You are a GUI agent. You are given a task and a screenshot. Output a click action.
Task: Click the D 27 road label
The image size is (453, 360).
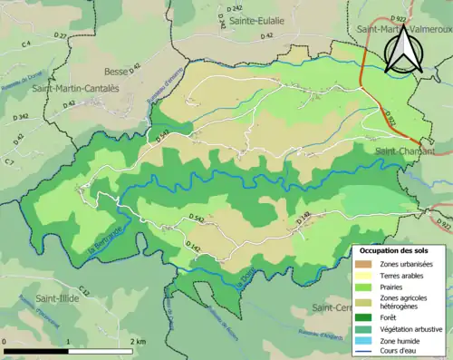[x=60, y=36]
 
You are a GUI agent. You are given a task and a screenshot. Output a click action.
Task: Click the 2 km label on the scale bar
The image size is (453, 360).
[x=138, y=341]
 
